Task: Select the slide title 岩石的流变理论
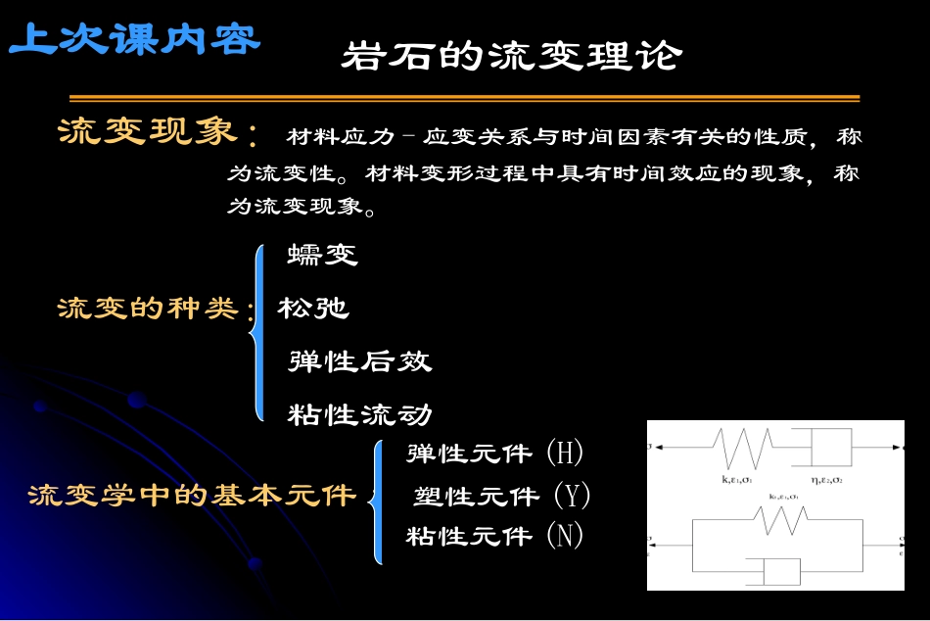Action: click(510, 56)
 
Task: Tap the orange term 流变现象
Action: click(148, 132)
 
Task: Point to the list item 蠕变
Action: click(323, 256)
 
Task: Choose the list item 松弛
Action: click(313, 309)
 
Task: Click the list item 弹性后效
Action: click(359, 361)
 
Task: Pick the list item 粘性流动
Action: click(359, 415)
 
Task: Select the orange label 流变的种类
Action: click(148, 310)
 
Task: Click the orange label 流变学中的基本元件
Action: click(192, 495)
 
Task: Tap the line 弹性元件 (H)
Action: click(494, 453)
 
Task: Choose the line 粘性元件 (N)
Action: click(494, 536)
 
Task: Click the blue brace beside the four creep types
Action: click(258, 333)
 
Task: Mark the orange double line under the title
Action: click(464, 98)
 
